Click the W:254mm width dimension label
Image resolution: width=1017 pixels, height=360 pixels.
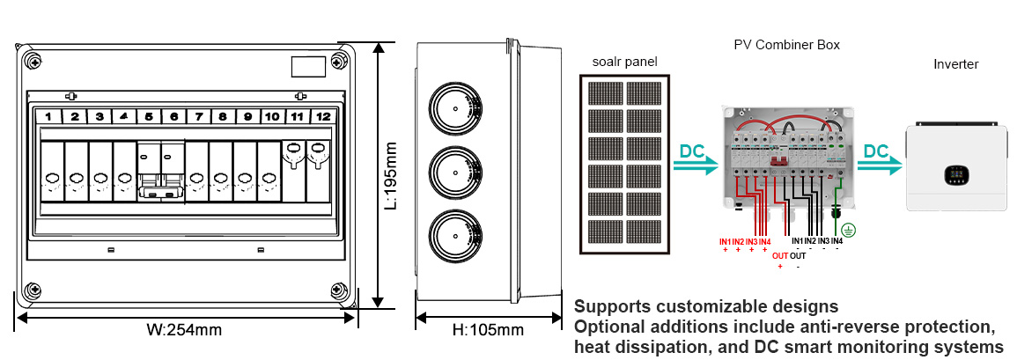[x=184, y=331]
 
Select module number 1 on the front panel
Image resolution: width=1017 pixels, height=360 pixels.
[x=51, y=116]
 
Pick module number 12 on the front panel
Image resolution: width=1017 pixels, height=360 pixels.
[x=322, y=116]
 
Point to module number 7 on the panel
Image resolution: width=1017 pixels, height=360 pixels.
[x=199, y=116]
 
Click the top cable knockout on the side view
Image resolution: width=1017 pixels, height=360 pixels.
[x=453, y=109]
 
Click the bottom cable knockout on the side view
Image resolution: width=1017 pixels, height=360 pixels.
[x=453, y=239]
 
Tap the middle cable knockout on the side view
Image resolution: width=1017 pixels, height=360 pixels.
[x=453, y=174]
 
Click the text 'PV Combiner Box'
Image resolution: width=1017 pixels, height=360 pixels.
[x=786, y=44]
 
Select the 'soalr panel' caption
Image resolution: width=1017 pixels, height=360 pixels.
[x=624, y=61]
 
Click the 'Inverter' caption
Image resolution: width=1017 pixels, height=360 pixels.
[x=955, y=64]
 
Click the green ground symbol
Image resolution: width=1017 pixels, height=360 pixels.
[x=848, y=230]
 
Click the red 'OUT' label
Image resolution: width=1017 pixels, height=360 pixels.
[x=780, y=256]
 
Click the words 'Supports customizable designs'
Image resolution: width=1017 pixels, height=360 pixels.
[x=706, y=307]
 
